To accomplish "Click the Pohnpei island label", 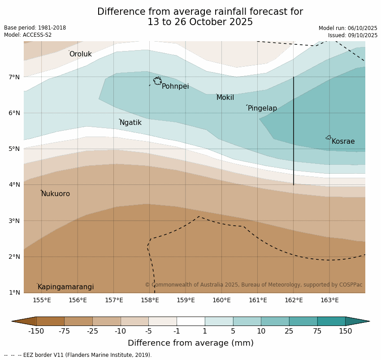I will tap(175, 86).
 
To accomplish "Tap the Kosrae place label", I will tap(343, 141).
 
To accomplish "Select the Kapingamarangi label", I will tap(65, 287).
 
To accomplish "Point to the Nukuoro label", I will tap(56, 194).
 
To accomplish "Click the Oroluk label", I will tap(80, 54).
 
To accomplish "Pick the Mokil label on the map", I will tap(225, 98).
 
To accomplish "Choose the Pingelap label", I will tap(262, 108).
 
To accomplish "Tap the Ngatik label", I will tap(130, 123).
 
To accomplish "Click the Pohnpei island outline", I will tap(157, 81).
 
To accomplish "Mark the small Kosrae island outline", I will tap(329, 137).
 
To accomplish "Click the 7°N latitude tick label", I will tap(14, 77).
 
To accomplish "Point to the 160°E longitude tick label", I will tap(221, 300).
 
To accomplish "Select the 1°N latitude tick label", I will tap(14, 292).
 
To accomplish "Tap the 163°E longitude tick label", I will tap(329, 300).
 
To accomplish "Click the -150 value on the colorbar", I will tap(36, 331).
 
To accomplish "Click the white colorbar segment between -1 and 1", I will tap(190, 321).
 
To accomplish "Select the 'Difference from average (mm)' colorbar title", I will tap(190, 343).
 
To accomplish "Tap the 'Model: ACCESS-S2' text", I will tap(28, 35).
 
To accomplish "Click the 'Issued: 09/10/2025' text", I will tap(352, 35).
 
